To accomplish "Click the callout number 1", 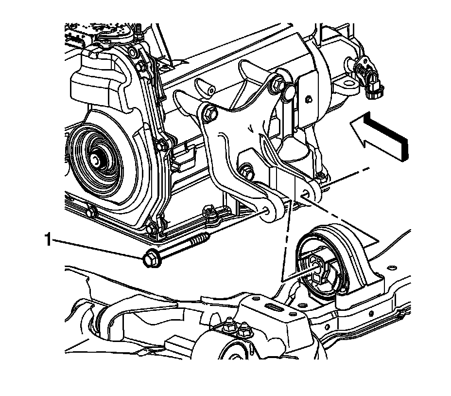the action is (48, 239).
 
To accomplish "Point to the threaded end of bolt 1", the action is (201, 236).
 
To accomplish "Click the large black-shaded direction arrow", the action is (380, 136).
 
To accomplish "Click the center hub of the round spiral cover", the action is (96, 161).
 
